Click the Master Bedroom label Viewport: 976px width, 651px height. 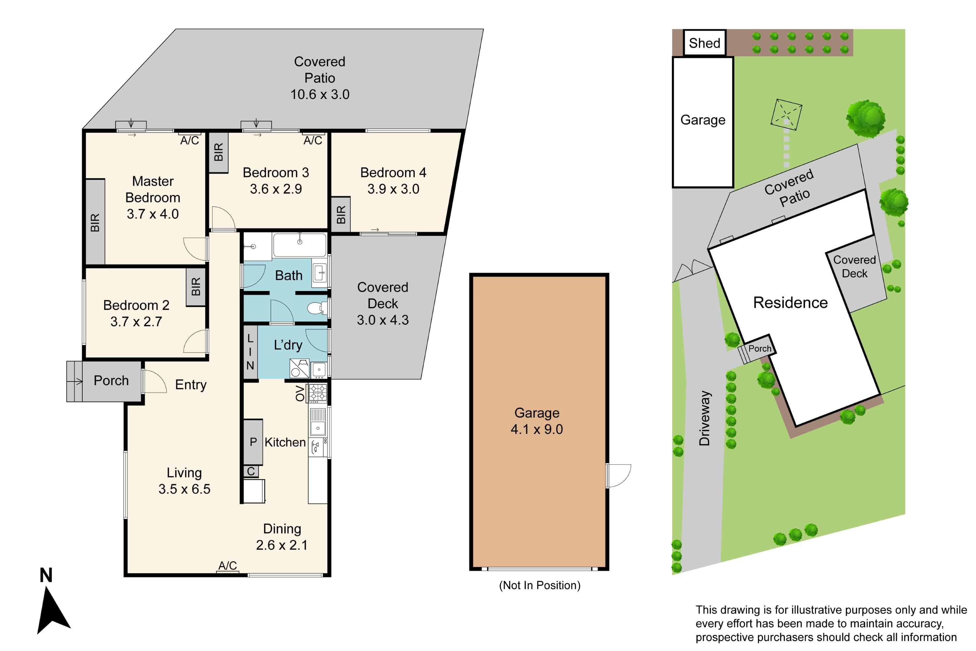pos(153,189)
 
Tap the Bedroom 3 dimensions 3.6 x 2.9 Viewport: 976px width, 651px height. pos(276,189)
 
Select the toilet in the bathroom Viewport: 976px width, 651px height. pos(318,308)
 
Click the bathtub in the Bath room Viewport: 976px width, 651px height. pos(299,245)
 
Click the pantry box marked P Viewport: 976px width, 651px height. pos(253,442)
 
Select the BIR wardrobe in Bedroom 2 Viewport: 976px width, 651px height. pos(196,287)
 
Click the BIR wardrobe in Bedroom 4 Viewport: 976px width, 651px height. pos(341,214)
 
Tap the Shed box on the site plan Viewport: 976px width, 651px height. pos(704,43)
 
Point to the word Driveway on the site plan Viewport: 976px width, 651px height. pos(705,418)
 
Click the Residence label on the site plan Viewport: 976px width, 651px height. pos(790,302)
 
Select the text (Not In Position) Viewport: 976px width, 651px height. pos(539,585)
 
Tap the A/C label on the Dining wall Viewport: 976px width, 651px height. pos(227,565)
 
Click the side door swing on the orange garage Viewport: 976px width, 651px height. pos(618,475)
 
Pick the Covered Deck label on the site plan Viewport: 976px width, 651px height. pos(854,267)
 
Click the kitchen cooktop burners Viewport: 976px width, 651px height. pos(318,393)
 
